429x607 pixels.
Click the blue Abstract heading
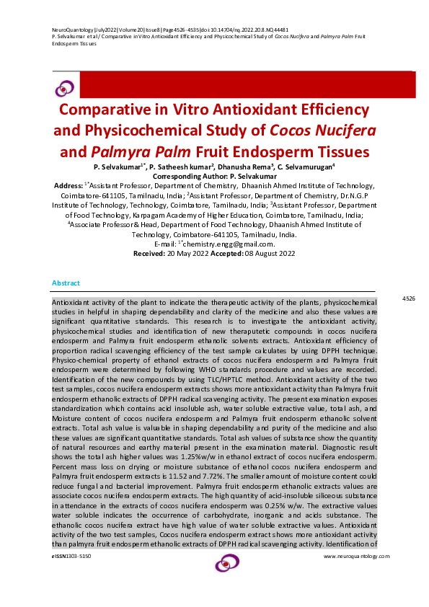[x=66, y=283]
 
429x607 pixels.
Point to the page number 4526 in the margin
[x=409, y=298]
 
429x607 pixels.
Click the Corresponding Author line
[x=214, y=176]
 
